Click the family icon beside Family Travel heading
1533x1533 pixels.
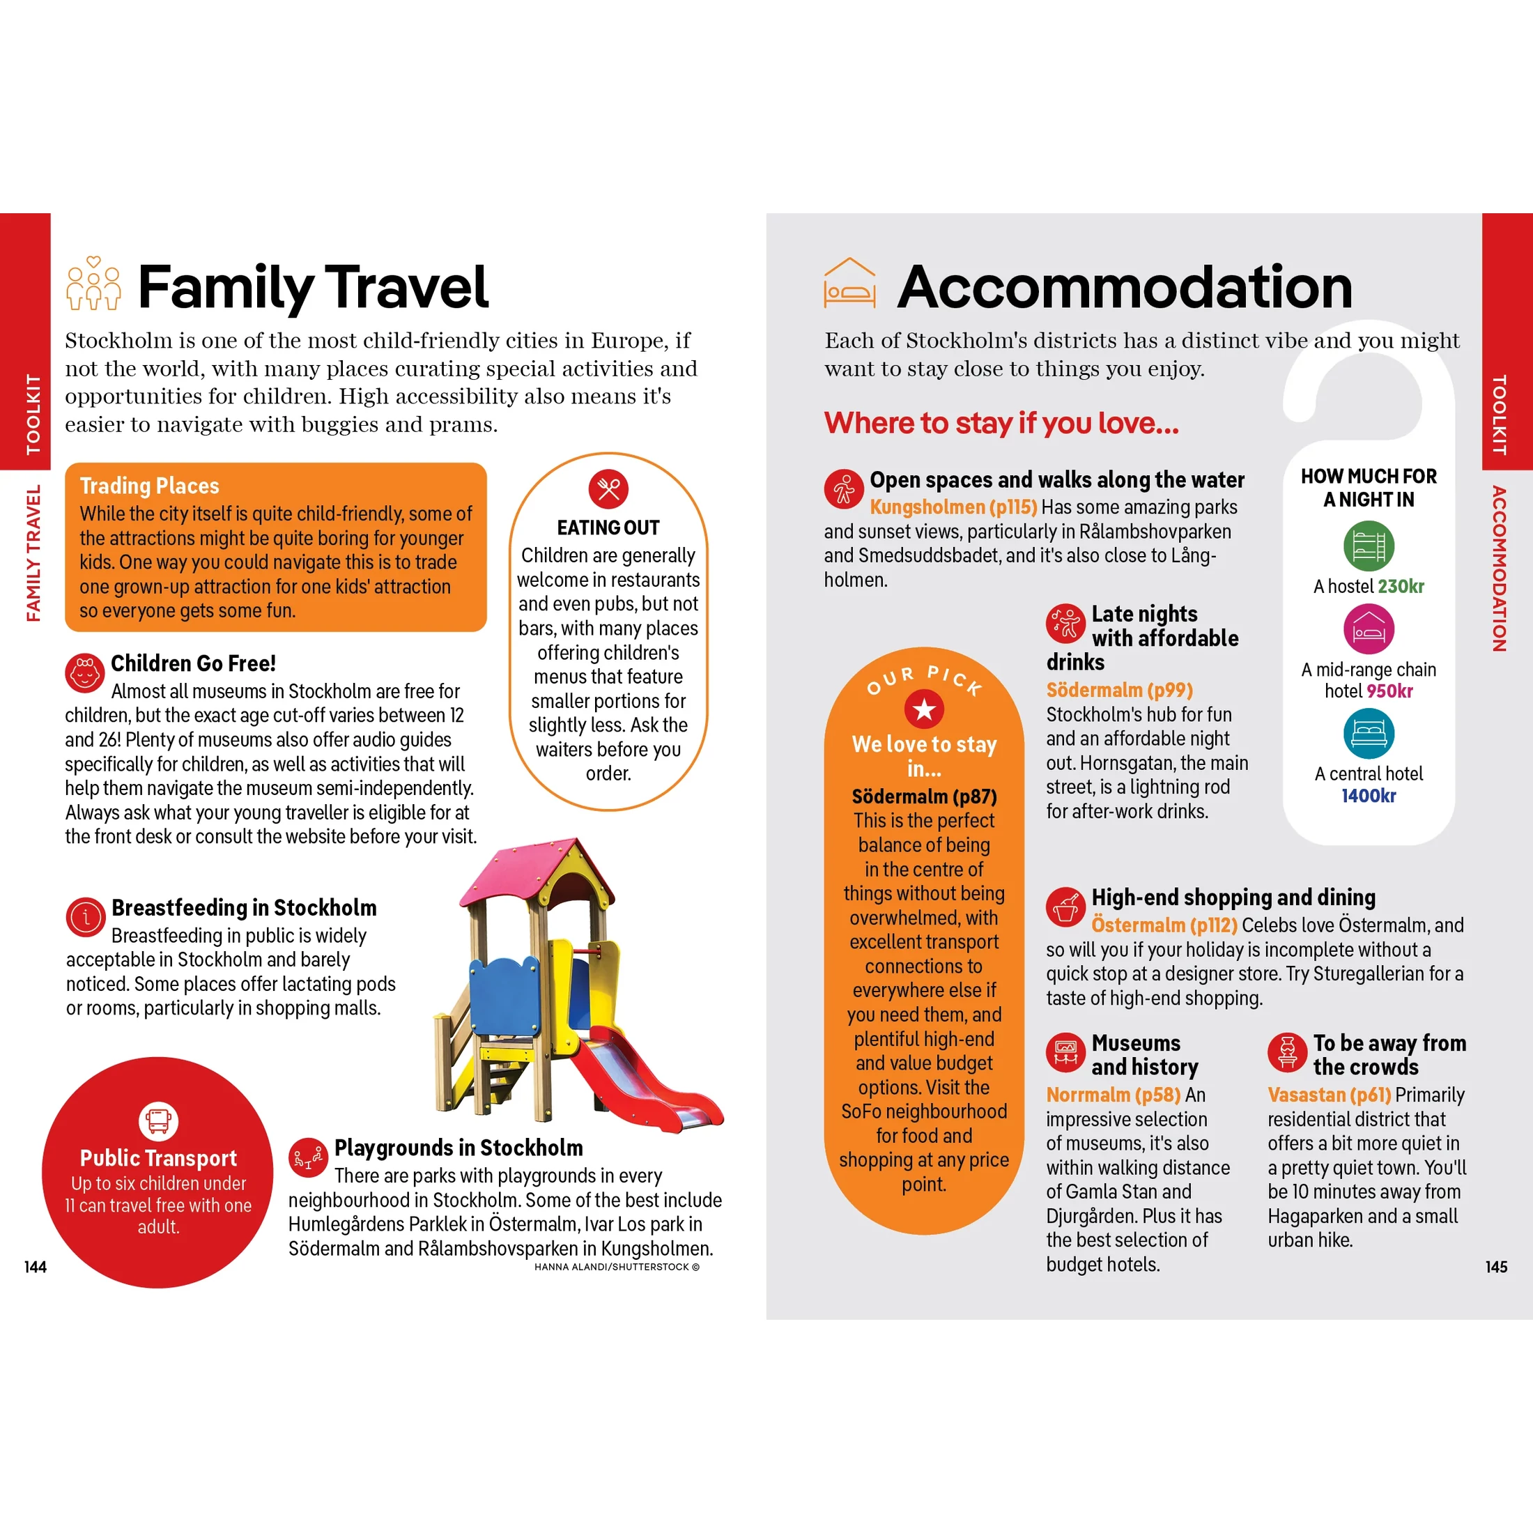(x=93, y=284)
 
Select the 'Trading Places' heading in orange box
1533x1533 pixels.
(x=149, y=486)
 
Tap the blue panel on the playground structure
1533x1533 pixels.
(x=504, y=996)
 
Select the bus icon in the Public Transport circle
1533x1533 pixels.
(x=158, y=1120)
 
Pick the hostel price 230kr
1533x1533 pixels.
(x=1401, y=587)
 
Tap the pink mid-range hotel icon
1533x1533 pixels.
(x=1369, y=629)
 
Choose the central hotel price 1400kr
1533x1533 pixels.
(x=1369, y=796)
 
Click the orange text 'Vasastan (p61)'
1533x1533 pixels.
(x=1329, y=1095)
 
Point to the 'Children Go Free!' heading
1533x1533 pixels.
(x=193, y=663)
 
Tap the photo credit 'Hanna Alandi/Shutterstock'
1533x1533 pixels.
(x=617, y=1268)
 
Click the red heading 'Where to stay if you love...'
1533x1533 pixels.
(x=1001, y=423)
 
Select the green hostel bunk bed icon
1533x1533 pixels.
(x=1369, y=546)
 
